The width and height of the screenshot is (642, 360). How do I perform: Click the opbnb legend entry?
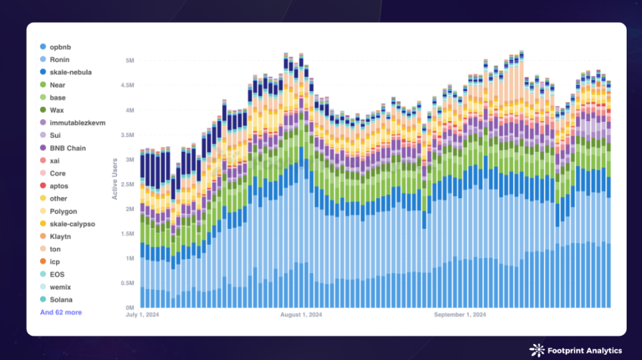[x=59, y=47]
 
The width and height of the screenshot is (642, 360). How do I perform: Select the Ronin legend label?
[x=60, y=60]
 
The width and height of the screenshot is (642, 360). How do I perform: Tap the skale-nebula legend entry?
[x=70, y=72]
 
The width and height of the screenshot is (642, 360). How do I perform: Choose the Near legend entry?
[x=58, y=85]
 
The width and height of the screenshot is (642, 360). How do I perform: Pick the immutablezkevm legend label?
[x=77, y=122]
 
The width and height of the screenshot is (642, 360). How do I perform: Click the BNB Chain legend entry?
[x=68, y=148]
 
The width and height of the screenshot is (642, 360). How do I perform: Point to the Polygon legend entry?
[x=63, y=211]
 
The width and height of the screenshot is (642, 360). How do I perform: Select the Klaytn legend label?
[x=60, y=236]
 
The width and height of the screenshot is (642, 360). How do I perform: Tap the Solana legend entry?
[x=61, y=300]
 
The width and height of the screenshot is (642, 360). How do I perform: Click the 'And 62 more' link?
[x=61, y=312]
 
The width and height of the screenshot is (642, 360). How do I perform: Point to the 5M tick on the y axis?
[x=131, y=61]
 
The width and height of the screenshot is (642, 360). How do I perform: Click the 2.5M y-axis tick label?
[x=128, y=184]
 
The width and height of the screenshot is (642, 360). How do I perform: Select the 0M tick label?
[x=131, y=308]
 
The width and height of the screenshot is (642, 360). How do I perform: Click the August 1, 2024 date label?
[x=302, y=314]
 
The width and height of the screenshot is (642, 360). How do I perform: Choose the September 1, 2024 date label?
[x=460, y=314]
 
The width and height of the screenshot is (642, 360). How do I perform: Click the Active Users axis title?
[x=115, y=177]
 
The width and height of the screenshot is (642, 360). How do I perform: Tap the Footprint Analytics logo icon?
[x=536, y=350]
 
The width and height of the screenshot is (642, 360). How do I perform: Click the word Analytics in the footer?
[x=601, y=351]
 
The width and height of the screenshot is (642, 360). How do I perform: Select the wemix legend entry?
[x=60, y=287]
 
